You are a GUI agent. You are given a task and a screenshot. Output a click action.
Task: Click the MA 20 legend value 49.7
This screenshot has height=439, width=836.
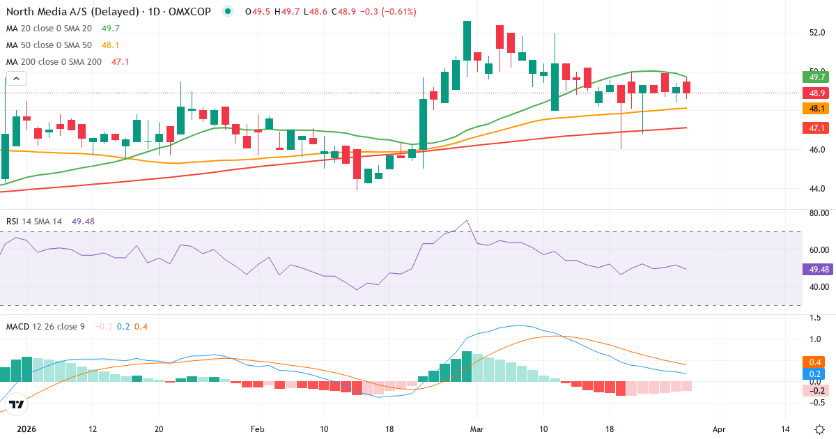point(111,28)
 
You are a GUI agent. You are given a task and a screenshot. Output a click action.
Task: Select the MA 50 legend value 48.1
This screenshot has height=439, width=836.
point(111,45)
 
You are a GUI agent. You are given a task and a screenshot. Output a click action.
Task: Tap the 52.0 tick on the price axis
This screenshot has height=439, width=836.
point(817,32)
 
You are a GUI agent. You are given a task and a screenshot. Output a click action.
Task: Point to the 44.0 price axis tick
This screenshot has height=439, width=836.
point(817,188)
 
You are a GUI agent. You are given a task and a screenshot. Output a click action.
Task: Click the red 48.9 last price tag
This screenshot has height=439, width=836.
point(814,93)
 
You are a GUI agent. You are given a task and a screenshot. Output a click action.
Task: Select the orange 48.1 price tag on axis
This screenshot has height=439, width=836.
point(814,109)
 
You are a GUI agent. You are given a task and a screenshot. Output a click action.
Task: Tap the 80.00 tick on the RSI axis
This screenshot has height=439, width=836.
point(814,213)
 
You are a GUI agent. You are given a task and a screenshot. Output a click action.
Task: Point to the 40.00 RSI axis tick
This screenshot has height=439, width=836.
point(814,286)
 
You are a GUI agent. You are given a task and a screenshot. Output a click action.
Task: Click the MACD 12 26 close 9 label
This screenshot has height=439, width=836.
point(45,326)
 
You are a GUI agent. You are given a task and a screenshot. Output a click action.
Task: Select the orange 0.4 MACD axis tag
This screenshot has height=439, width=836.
point(814,362)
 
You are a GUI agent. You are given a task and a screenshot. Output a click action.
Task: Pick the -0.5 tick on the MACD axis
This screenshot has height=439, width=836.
point(816,402)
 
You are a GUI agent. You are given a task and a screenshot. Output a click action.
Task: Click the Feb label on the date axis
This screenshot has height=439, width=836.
point(258,429)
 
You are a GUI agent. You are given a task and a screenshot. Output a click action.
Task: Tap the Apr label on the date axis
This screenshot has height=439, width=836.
point(719,429)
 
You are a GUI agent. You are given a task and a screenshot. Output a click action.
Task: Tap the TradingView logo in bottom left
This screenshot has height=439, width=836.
point(17,404)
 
